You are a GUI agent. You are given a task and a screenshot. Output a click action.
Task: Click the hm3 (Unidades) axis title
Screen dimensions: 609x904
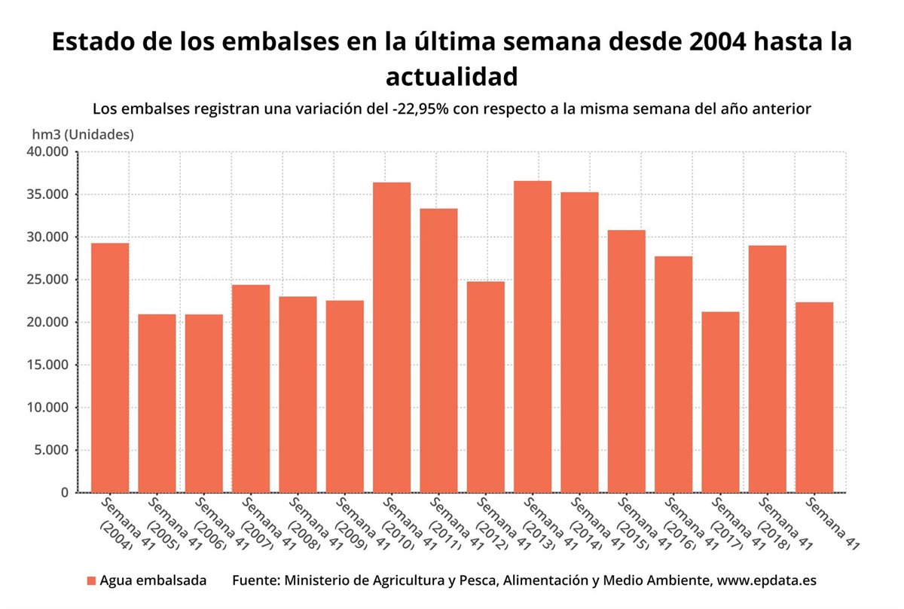pos(83,135)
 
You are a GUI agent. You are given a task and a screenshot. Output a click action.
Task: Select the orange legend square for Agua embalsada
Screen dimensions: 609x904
pos(91,581)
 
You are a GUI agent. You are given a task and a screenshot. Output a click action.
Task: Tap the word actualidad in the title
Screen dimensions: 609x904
pos(452,76)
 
